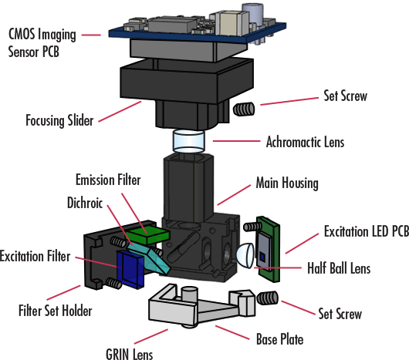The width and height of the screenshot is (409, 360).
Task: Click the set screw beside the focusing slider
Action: click(x=245, y=109)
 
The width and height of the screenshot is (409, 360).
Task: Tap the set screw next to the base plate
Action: click(x=266, y=298)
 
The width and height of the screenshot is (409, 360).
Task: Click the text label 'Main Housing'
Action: click(x=287, y=184)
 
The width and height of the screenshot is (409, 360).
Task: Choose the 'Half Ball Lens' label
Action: click(x=338, y=268)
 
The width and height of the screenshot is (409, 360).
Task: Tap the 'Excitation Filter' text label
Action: click(x=37, y=255)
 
